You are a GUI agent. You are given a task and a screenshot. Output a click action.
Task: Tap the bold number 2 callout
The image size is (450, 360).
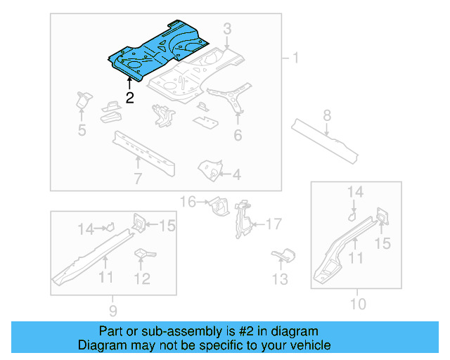tap(129, 98)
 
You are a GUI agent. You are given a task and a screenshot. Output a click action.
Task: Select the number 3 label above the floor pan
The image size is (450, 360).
tap(227, 29)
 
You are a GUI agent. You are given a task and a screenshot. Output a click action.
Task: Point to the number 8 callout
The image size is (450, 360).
tap(327, 115)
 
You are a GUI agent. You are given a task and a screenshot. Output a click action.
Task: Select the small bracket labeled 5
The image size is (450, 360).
tap(83, 101)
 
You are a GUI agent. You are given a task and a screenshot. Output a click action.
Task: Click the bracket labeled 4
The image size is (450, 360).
tap(210, 169)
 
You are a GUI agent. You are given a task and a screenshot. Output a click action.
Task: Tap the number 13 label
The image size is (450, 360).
tap(280, 279)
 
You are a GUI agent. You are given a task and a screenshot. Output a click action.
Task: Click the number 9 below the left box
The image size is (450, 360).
tap(113, 309)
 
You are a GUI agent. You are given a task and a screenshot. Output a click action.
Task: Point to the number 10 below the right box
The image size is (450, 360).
tap(358, 304)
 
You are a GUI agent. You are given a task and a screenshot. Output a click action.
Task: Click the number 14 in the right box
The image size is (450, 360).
tap(356, 191)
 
